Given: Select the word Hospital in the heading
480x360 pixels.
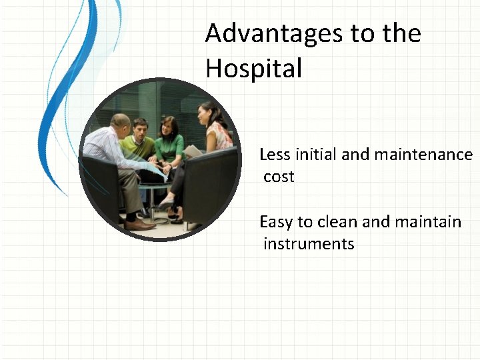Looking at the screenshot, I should pos(253,68).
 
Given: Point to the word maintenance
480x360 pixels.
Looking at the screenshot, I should pos(423,155).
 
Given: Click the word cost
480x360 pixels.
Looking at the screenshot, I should pos(279,177).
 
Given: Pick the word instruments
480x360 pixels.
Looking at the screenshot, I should pos(309,243).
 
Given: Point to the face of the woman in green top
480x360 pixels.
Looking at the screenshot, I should pos(169,125).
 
